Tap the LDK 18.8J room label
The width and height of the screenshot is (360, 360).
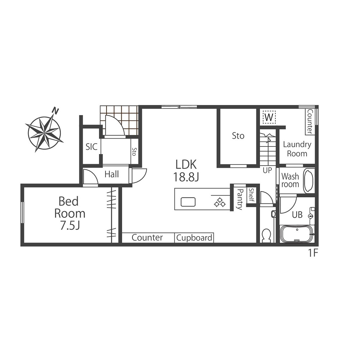186,171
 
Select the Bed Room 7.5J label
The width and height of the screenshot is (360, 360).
70,213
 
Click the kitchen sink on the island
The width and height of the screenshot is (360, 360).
188,202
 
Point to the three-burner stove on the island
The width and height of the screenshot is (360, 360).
220,202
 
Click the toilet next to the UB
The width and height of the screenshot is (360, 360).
266,235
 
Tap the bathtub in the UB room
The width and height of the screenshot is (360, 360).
297,234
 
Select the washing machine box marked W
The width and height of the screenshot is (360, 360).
269,117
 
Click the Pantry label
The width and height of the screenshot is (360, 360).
240,199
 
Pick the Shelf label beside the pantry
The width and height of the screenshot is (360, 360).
251,195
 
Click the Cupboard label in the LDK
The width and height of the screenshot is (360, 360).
194,238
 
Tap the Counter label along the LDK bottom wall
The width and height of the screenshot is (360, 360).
147,237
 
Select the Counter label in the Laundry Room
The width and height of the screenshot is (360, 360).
310,121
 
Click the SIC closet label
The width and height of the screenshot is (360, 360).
91,147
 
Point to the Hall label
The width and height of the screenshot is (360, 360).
112,174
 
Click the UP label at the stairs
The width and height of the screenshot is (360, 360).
267,170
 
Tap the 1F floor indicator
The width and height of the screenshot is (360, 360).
312,253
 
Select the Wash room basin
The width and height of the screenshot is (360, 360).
309,180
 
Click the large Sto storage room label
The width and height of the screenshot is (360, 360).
238,136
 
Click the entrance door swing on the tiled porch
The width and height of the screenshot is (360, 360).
115,125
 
